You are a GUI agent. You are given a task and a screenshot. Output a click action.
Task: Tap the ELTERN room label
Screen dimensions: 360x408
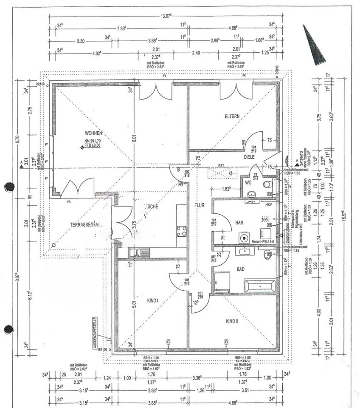232,116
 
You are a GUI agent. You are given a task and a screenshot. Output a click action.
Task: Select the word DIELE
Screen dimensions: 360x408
249,157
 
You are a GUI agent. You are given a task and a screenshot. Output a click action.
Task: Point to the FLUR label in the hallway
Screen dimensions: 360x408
200,205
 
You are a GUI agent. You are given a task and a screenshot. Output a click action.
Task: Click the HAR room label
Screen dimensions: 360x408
239,222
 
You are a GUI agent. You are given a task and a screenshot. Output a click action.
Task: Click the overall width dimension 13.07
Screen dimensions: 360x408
166,16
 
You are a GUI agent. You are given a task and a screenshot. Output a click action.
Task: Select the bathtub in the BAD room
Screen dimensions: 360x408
259,285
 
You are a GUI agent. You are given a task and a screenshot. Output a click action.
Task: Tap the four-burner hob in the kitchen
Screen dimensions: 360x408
182,231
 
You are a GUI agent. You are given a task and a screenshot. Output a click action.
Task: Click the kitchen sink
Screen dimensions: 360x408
140,252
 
